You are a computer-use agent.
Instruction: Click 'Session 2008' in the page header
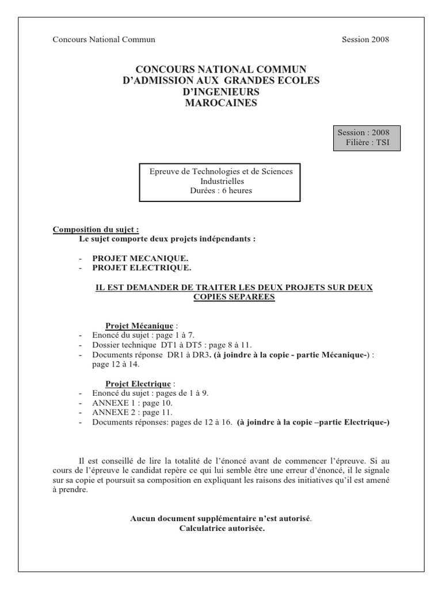click(365, 40)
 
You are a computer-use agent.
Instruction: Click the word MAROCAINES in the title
click(222, 103)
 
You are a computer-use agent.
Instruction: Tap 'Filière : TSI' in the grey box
click(367, 142)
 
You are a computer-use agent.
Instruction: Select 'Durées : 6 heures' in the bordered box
click(221, 191)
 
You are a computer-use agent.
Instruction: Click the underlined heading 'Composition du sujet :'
click(96, 230)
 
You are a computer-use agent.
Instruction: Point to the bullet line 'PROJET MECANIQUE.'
click(140, 259)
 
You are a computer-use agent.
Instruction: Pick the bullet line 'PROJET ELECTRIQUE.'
click(142, 268)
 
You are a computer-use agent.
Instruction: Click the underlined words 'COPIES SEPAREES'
click(234, 297)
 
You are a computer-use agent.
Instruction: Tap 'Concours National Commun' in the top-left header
click(104, 40)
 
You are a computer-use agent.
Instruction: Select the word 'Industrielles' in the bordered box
click(221, 181)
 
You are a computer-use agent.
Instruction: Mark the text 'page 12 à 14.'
click(115, 364)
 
